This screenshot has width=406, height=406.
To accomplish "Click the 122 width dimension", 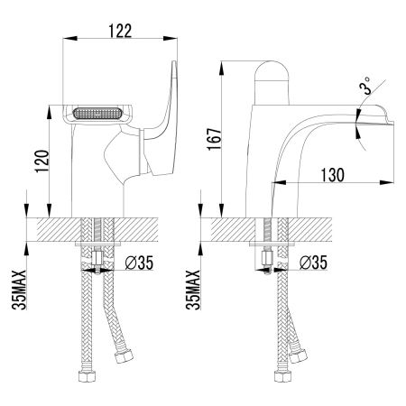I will pyautogui.click(x=120, y=29).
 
